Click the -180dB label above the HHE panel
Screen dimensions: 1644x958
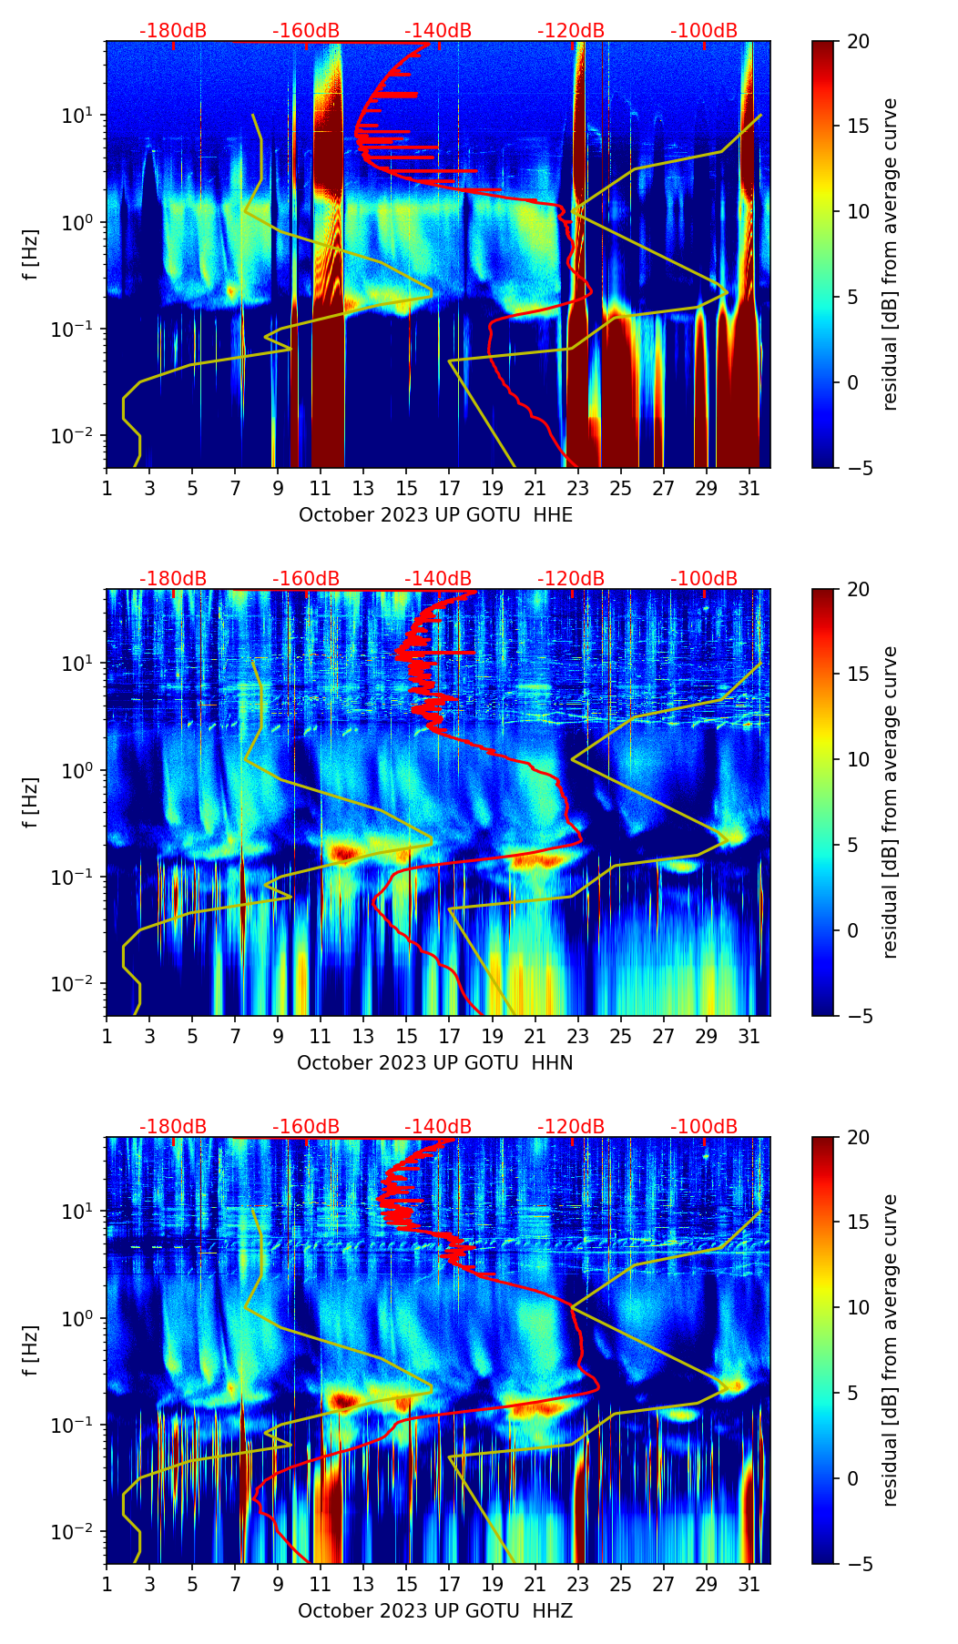click(173, 31)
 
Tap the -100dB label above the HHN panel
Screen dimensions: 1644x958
click(704, 579)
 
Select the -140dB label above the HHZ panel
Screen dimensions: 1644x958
click(438, 1127)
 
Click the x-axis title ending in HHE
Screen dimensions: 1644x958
click(435, 514)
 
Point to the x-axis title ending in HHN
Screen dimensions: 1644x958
click(434, 1062)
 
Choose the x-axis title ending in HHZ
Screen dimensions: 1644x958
click(434, 1610)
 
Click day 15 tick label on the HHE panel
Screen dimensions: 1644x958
click(406, 487)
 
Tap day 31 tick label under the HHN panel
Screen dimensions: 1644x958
click(749, 1035)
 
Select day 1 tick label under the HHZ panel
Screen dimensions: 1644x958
click(107, 1583)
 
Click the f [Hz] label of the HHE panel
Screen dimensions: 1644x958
click(31, 254)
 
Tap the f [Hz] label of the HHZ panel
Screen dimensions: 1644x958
click(31, 1350)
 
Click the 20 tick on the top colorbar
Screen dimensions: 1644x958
click(858, 42)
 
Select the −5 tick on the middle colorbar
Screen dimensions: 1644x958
click(858, 1016)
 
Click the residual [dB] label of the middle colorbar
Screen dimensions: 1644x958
click(890, 802)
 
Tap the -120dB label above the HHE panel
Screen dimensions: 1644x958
click(571, 31)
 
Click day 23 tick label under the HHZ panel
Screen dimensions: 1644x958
click(577, 1583)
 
